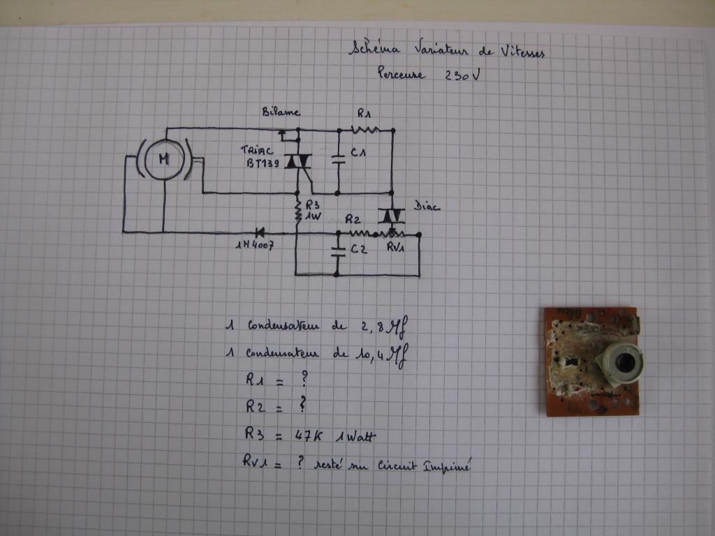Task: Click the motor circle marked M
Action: pos(164,159)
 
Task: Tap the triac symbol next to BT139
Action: pos(294,161)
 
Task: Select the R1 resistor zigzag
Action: pos(364,129)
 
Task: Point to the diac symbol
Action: pos(391,214)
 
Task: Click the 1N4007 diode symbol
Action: pos(260,232)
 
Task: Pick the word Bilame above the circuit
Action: pos(281,112)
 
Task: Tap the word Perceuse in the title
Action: pos(401,73)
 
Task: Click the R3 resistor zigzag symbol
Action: pos(297,212)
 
